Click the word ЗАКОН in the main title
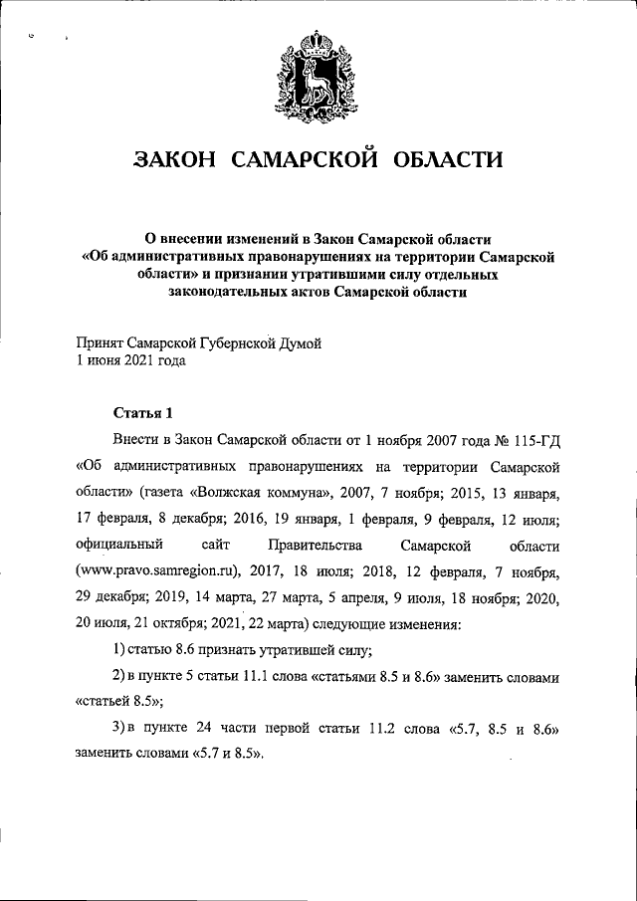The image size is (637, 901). point(175,160)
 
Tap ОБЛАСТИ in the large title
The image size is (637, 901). point(448,160)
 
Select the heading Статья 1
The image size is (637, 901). point(142,411)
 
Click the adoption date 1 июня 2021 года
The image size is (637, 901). point(130,361)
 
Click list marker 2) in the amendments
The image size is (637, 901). point(116,677)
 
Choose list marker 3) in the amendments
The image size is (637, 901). point(116,731)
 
